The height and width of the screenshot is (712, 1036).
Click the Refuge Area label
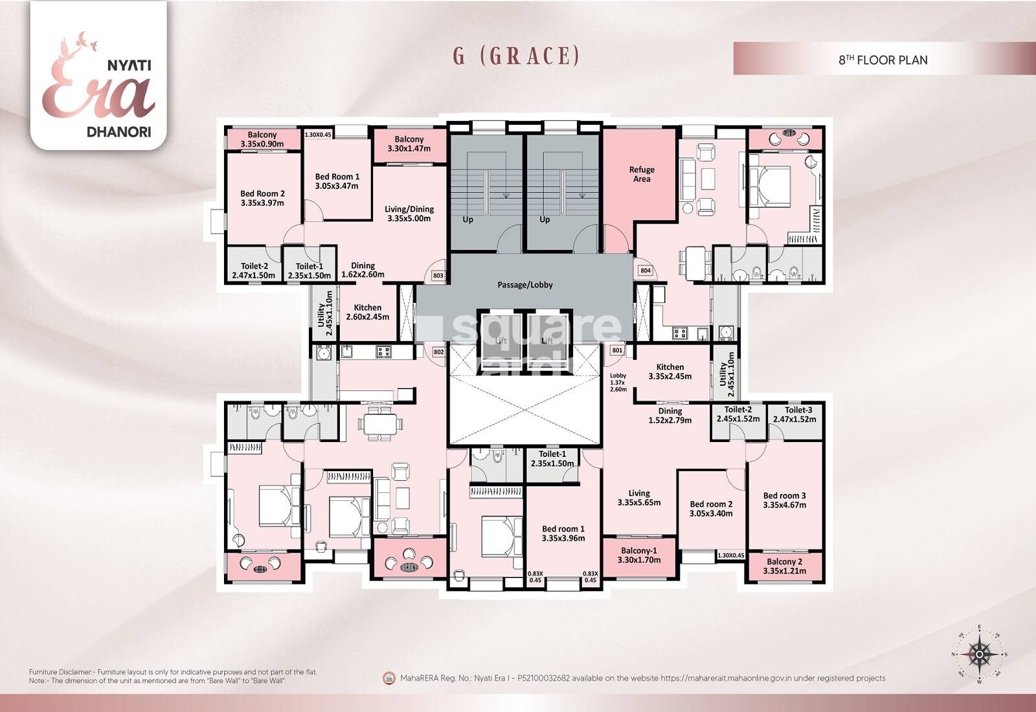[x=642, y=174]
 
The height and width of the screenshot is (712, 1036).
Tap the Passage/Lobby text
[x=525, y=285]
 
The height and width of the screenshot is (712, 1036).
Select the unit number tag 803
[x=438, y=276]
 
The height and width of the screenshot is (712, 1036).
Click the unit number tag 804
[x=645, y=271]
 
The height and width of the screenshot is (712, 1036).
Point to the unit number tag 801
[x=617, y=350]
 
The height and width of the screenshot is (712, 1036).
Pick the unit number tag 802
[x=438, y=352]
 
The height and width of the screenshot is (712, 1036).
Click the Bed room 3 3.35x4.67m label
[x=784, y=500]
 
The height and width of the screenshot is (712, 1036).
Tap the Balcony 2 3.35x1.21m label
[x=784, y=566]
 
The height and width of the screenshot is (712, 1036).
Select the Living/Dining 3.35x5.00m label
[x=409, y=214]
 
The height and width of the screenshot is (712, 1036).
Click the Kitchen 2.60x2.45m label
[x=367, y=313]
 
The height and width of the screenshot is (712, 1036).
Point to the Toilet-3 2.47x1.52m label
[x=798, y=414]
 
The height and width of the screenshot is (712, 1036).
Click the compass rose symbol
[x=980, y=654]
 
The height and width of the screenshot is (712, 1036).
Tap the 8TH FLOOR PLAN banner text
[x=883, y=60]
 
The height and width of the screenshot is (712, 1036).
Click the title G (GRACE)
[x=516, y=56]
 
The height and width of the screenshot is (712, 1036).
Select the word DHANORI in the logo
[x=118, y=131]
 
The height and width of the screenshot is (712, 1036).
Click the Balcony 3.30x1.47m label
[x=409, y=144]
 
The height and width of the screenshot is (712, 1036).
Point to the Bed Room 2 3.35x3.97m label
[x=262, y=198]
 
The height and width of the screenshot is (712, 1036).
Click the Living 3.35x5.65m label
[x=638, y=498]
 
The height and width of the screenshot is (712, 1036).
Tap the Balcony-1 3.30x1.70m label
[x=638, y=555]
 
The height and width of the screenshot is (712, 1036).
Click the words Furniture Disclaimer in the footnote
[x=62, y=673]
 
